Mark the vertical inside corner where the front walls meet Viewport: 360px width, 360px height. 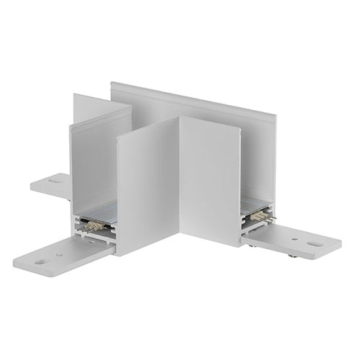coord(180,180)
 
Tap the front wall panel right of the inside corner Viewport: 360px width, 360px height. coord(209,180)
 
